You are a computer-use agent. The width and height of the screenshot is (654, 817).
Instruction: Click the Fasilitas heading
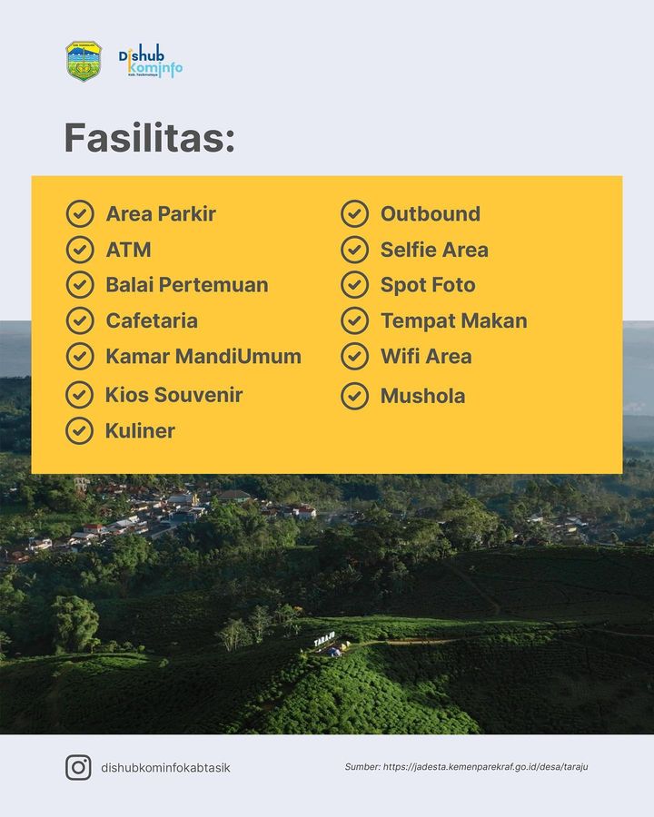coord(149,138)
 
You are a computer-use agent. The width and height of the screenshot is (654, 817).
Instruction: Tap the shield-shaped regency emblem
coord(84,61)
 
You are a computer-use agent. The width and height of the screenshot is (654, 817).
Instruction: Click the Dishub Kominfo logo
coord(150,61)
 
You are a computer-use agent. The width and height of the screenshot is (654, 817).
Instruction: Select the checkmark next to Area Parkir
coord(80,213)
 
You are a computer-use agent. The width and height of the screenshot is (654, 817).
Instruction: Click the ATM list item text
coord(128,251)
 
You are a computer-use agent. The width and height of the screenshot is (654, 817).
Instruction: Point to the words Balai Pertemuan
coord(187,285)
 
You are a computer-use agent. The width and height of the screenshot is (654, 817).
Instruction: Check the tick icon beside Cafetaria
coord(80,320)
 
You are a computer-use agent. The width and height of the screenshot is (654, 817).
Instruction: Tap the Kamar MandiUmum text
coord(203,357)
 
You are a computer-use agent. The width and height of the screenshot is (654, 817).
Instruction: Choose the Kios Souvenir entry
coord(173,395)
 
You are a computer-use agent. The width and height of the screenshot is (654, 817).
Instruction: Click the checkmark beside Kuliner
coord(79,431)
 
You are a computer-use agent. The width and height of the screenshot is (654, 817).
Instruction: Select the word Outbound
coord(431,213)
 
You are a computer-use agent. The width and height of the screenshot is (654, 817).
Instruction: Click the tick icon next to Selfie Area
coord(354,250)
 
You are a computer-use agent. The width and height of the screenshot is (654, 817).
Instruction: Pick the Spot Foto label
coord(428,286)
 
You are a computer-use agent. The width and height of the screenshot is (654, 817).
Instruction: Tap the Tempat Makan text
coord(454,321)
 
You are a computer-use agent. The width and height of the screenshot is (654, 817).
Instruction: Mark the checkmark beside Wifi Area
coord(354,357)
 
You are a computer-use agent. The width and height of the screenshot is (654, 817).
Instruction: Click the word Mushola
coord(422,396)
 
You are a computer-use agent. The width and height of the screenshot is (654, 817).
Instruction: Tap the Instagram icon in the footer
coord(78,767)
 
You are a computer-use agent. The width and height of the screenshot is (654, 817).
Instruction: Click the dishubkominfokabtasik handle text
coord(165,767)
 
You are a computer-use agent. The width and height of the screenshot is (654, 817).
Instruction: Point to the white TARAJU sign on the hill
coord(324,639)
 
